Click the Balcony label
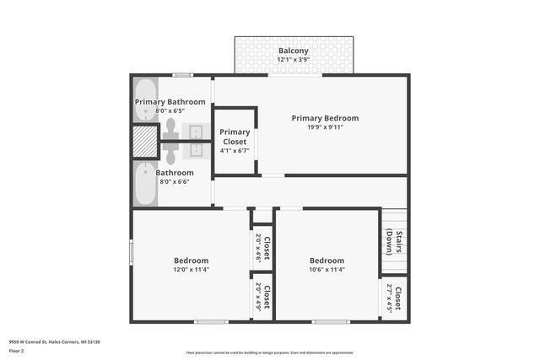(x=294, y=51)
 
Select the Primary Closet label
(x=235, y=137)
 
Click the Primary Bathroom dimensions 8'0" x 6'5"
(x=170, y=110)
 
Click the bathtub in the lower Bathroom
(x=144, y=185)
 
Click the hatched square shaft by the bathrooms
(x=145, y=142)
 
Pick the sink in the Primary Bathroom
(x=197, y=132)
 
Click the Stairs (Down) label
(x=393, y=242)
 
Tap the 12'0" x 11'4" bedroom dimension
(x=191, y=270)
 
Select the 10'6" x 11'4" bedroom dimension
(x=326, y=270)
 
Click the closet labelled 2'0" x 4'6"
(x=262, y=249)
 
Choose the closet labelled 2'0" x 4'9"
(x=262, y=297)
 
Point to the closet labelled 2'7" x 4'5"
(x=393, y=298)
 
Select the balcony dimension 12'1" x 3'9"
(x=294, y=60)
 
